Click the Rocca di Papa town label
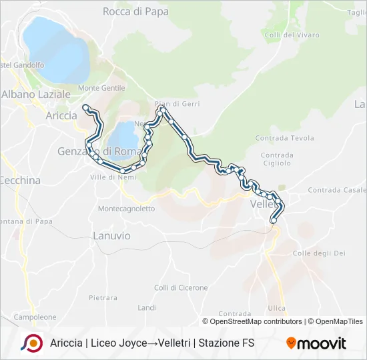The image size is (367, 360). pos(135,11)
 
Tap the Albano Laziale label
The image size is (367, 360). pos(36,95)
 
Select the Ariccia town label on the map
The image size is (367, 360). pos(61,115)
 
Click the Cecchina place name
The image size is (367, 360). pos(20,180)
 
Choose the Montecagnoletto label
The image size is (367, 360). pos(126,209)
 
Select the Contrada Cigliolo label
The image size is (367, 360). pos(277,158)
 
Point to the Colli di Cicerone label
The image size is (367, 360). pos(181,288)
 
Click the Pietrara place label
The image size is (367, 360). pos(103,297)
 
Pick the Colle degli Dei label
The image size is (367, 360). pos(319,253)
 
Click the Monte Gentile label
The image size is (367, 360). pos(101,88)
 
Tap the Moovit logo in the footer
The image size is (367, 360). pos(316,343)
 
